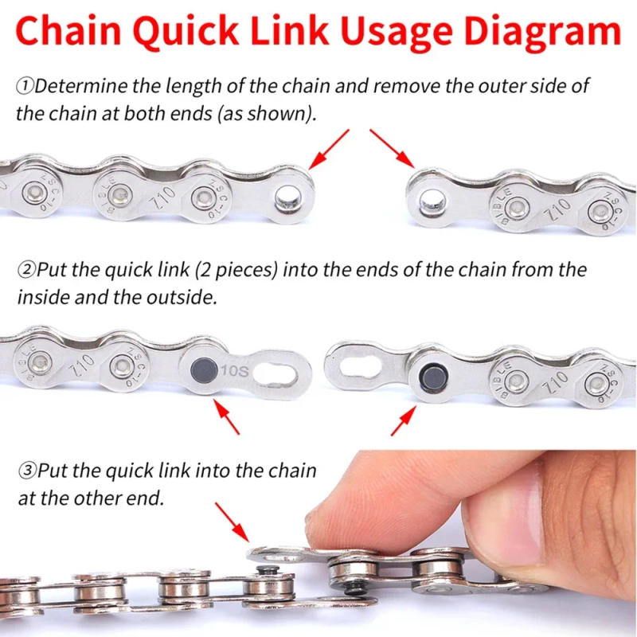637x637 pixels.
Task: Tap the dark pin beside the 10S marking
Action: coord(201,369)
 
